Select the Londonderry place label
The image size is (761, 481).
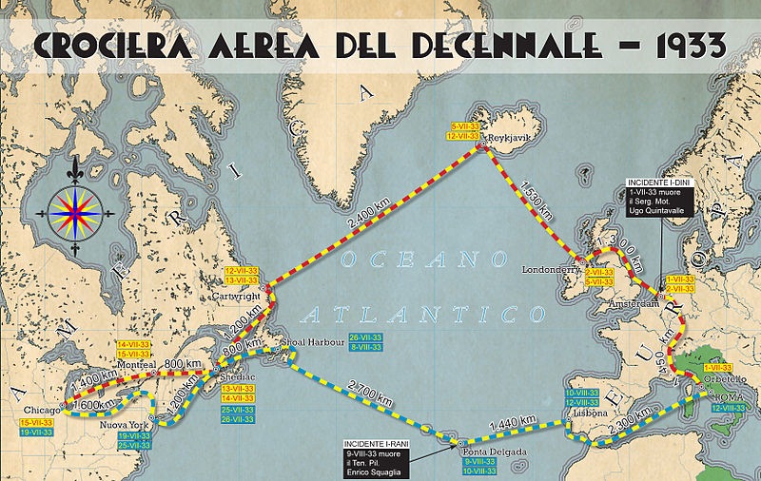tap(551, 269)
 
